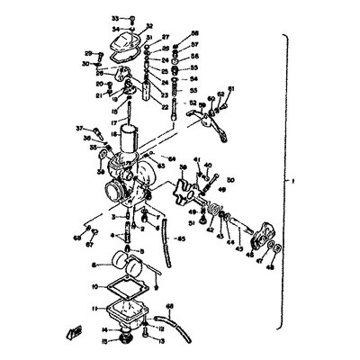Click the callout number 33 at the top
click(x=114, y=18)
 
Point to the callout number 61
click(x=229, y=88)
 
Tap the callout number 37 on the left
click(x=79, y=128)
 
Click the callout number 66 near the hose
click(x=170, y=307)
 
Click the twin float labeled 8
click(x=122, y=265)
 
